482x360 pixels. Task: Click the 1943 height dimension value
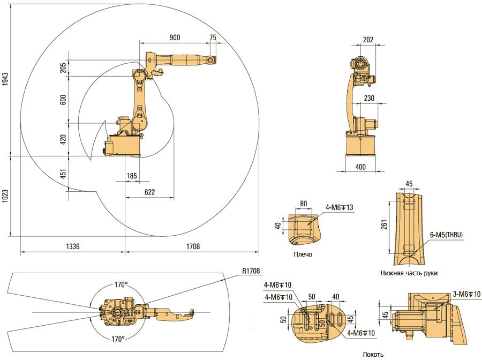tap(5, 79)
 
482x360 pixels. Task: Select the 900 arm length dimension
tap(175, 37)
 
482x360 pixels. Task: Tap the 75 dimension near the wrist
tap(213, 37)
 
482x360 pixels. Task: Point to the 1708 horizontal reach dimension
tap(193, 246)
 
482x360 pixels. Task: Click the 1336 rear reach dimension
tap(72, 246)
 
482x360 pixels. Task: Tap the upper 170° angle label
tap(120, 284)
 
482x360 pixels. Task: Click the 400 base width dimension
tap(360, 167)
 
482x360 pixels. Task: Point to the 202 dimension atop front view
tap(368, 39)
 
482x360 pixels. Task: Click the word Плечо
tap(303, 254)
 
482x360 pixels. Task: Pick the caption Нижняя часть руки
tap(409, 273)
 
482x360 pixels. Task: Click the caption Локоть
tap(373, 354)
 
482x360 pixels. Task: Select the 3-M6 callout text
tap(466, 294)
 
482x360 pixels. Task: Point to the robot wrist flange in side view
tap(213, 59)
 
